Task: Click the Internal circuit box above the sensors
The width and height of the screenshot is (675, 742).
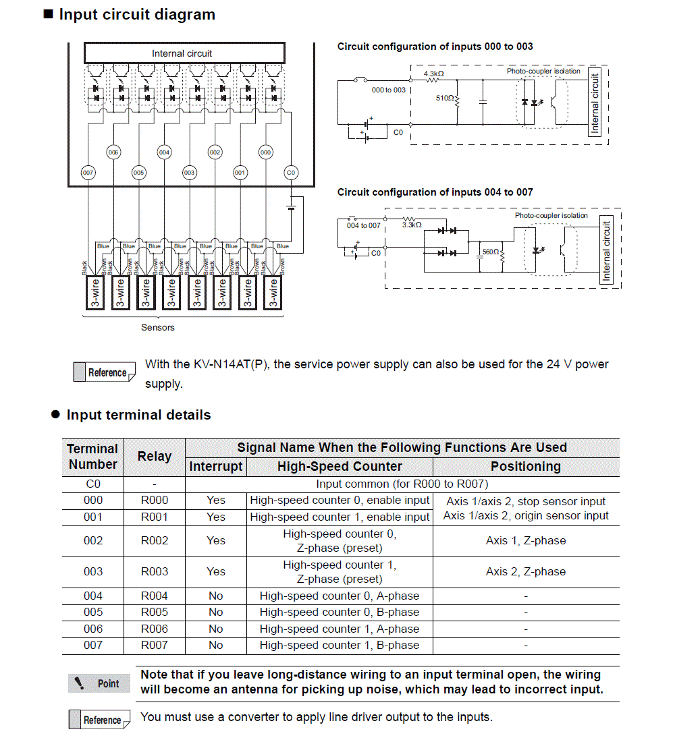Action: (182, 53)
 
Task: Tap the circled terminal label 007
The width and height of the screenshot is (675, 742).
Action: (88, 173)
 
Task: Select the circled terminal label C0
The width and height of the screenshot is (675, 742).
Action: (291, 173)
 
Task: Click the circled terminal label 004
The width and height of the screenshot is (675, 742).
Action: (164, 152)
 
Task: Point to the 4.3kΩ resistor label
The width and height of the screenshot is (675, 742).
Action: (433, 73)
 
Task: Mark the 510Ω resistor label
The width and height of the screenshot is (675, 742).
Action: (445, 98)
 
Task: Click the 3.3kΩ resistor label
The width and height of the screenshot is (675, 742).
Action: (412, 225)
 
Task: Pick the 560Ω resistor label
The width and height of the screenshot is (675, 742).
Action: (491, 252)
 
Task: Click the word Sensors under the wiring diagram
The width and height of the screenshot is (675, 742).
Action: (158, 328)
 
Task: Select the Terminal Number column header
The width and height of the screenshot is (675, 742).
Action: (92, 457)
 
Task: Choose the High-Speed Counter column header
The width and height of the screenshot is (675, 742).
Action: (340, 467)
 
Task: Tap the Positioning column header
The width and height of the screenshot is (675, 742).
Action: (525, 467)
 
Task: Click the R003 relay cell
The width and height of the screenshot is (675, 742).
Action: (155, 571)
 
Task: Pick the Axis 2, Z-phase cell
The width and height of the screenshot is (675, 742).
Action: (525, 571)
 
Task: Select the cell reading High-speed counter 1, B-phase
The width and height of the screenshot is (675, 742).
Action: (340, 646)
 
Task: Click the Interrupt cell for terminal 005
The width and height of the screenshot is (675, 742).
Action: (216, 612)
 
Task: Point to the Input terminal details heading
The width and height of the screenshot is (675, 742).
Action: (138, 416)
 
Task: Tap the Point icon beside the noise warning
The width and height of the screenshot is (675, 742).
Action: (99, 683)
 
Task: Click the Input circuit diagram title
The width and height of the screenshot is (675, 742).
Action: (137, 15)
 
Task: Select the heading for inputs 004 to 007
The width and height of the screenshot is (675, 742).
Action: (435, 192)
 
